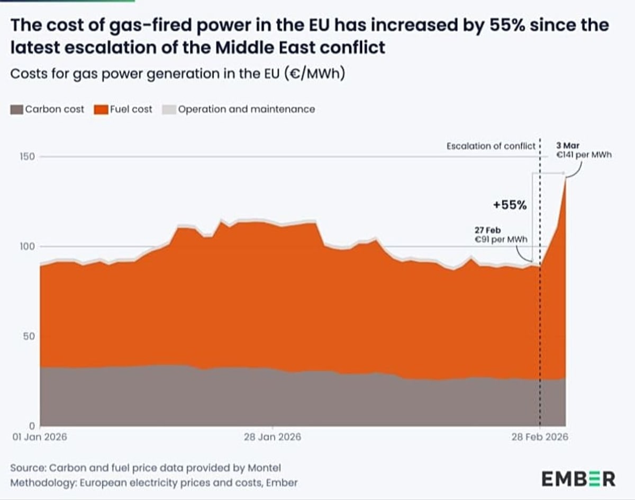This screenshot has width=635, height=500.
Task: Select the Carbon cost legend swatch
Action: click(17, 110)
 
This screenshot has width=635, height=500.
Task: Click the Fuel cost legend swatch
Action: click(101, 110)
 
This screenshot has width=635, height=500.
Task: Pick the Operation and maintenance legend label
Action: click(246, 110)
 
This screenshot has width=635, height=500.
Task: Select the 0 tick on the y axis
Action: click(32, 426)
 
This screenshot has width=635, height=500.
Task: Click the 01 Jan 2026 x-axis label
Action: click(36, 437)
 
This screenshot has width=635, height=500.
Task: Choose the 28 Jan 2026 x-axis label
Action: click(272, 437)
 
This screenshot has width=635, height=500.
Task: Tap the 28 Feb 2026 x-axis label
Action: click(539, 437)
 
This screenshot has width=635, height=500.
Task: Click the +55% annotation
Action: click(510, 206)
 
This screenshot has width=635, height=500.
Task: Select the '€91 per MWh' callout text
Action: click(503, 239)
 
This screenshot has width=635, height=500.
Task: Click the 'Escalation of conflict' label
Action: click(491, 146)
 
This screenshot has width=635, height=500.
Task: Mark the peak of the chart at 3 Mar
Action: click(566, 178)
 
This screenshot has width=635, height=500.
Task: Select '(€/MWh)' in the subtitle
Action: click(316, 74)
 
